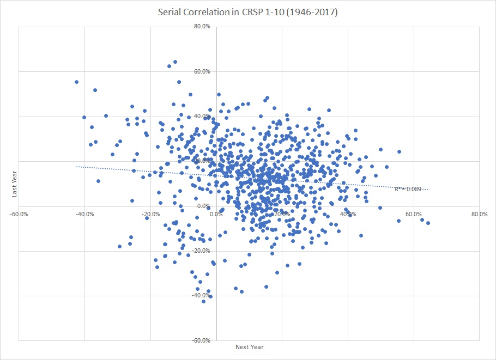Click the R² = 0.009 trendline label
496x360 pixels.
tap(408, 189)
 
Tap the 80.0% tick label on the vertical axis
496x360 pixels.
tap(203, 27)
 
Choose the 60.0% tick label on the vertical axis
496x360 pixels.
tap(203, 71)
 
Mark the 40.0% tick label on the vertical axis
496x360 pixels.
tap(203, 116)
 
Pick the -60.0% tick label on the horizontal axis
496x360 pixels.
tap(19, 214)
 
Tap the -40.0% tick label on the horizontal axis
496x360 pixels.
tap(84, 214)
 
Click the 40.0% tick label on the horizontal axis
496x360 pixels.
tap(348, 214)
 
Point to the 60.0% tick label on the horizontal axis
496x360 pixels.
tap(414, 214)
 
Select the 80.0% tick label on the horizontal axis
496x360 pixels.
tap(479, 214)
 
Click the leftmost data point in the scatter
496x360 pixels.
tap(77, 82)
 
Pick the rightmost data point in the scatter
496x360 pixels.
tap(428, 223)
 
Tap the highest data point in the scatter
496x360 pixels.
tap(175, 62)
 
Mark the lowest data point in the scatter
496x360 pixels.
tap(204, 301)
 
